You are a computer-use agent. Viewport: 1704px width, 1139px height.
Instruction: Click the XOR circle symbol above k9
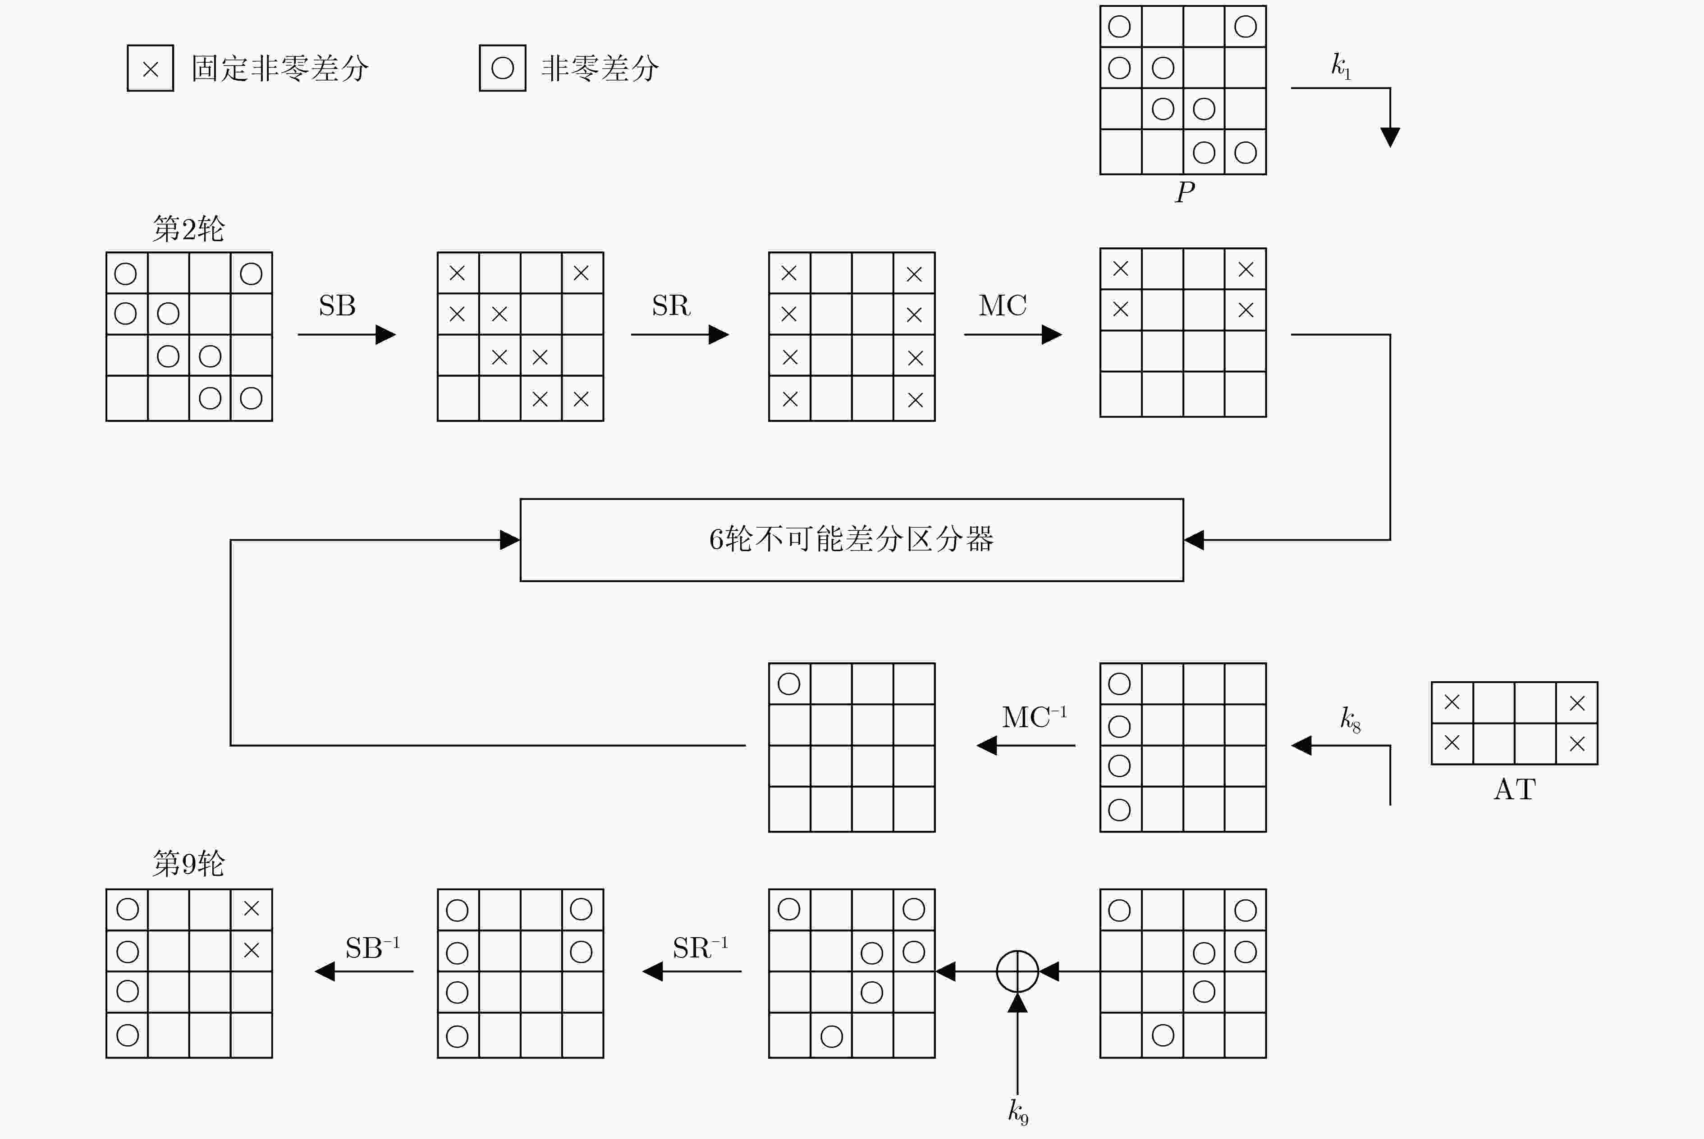click(1017, 952)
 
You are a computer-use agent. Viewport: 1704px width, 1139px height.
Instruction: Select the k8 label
click(1350, 719)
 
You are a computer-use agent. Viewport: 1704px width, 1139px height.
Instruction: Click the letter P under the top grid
click(1184, 192)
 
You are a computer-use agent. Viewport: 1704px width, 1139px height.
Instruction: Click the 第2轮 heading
click(189, 229)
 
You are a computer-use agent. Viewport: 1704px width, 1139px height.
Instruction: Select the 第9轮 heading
click(189, 864)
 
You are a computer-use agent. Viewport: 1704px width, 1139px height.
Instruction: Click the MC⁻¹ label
click(1034, 716)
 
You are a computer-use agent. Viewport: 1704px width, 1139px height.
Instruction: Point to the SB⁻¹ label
click(372, 947)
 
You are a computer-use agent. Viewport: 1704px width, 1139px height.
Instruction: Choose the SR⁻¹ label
click(700, 947)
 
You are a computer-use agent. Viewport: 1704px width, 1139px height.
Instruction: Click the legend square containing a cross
click(151, 68)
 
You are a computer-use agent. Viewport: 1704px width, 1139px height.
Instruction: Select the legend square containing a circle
click(503, 68)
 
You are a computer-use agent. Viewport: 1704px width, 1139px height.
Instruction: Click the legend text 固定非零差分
click(280, 68)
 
